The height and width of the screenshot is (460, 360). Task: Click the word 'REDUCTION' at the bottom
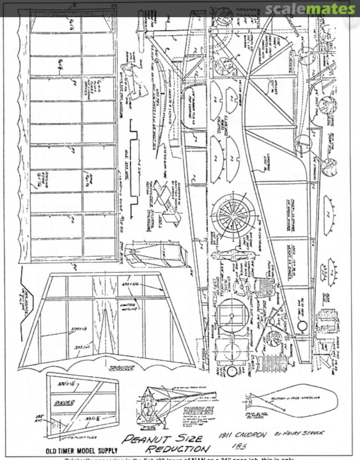click(178, 449)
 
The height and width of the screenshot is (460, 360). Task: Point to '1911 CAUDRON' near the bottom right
click(242, 435)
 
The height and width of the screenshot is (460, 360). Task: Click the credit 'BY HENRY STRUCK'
click(299, 433)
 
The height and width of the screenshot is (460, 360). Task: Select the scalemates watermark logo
click(310, 9)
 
